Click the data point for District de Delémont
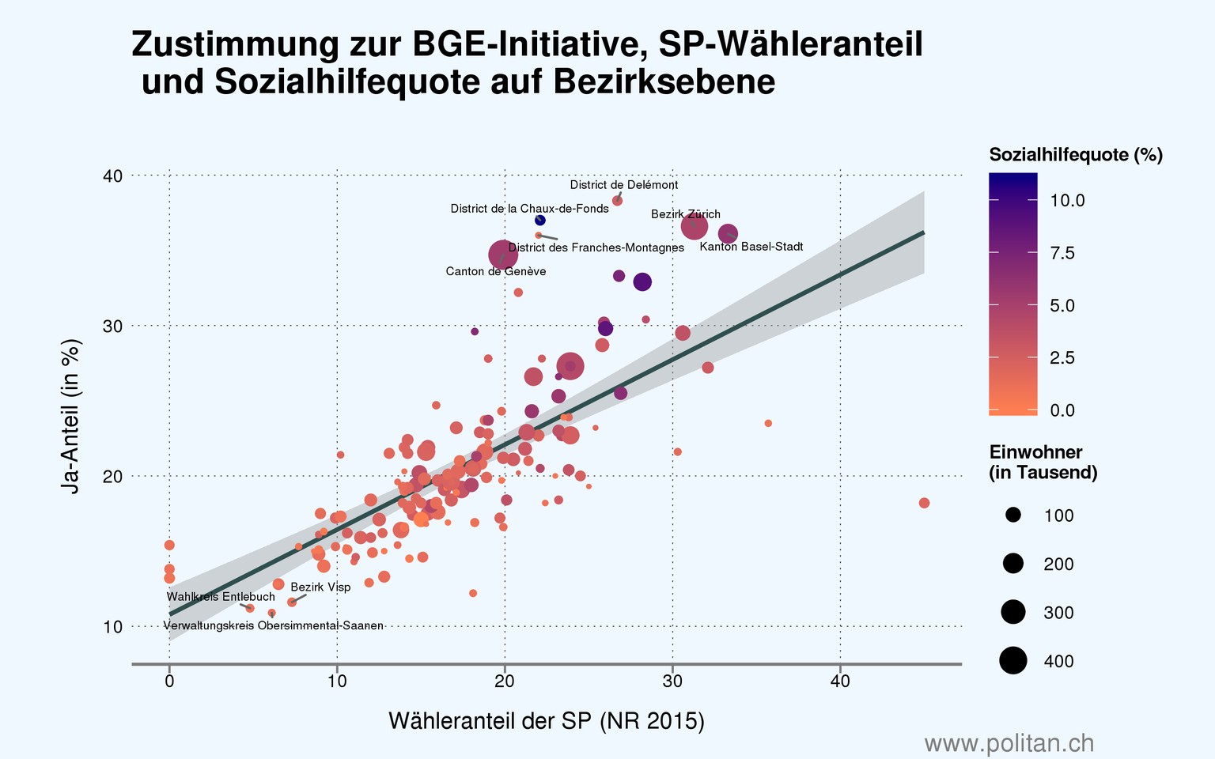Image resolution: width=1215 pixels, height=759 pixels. tap(618, 201)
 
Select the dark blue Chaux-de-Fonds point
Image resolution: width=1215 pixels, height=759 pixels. tap(540, 221)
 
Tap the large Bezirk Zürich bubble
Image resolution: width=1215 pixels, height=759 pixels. tap(694, 227)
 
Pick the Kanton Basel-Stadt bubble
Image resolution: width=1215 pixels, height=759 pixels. tap(728, 234)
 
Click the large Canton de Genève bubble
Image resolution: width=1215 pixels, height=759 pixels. tap(503, 255)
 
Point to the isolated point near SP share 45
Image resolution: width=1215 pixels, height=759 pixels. tap(924, 503)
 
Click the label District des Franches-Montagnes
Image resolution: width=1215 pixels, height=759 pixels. tap(596, 248)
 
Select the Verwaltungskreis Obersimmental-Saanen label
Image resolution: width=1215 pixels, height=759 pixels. tap(274, 626)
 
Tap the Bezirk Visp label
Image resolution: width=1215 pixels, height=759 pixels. tap(320, 587)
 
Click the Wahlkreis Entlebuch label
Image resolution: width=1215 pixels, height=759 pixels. tap(221, 597)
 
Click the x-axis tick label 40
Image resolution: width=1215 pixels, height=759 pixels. tap(840, 682)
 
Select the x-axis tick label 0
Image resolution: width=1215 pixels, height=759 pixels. tap(169, 682)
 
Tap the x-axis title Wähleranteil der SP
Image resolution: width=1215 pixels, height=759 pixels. tap(546, 721)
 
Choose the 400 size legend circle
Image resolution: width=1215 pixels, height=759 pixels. tap(1013, 660)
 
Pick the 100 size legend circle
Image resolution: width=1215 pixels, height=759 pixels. tap(1013, 515)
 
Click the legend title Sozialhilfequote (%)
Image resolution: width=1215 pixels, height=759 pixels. tap(1076, 155)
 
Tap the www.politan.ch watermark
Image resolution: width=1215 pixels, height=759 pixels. tap(1009, 743)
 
